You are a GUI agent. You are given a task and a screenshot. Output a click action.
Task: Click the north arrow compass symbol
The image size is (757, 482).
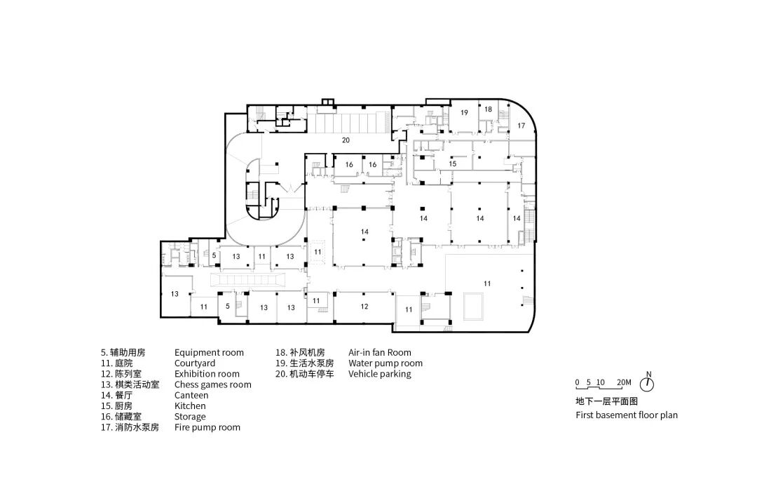pos(648,384)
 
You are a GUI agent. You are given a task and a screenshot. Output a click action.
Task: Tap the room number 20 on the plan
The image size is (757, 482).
pos(346,140)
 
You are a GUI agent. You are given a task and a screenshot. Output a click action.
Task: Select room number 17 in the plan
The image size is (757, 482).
pos(521,125)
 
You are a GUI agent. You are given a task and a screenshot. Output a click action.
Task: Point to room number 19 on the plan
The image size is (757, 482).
pos(464,112)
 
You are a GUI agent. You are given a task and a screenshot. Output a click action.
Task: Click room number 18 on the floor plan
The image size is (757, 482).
pos(488,109)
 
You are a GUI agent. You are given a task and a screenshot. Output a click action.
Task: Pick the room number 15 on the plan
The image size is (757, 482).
pos(453,163)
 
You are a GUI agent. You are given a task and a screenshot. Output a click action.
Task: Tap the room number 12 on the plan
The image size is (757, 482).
pos(364,307)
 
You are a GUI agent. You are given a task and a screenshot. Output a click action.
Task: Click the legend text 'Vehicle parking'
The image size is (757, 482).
pos(379,374)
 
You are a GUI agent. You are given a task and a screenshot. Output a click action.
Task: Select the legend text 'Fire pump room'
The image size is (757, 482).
pos(207,427)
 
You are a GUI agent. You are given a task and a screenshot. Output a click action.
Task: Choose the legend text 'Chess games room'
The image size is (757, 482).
pos(212,384)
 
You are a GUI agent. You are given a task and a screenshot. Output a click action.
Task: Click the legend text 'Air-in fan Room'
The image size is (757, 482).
pos(379,352)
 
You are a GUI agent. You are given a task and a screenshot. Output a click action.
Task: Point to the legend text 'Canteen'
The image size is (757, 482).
pos(191,395)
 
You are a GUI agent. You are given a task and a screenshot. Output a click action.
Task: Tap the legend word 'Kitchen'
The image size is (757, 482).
pos(190,406)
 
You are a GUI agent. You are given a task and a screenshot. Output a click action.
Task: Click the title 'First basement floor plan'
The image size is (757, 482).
pos(627,415)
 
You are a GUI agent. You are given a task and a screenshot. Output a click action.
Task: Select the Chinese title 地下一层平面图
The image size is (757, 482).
pos(606,402)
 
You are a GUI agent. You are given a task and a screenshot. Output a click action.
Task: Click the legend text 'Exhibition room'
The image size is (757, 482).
pos(207,374)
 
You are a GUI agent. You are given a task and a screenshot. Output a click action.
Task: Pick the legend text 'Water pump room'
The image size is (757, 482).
pos(385,363)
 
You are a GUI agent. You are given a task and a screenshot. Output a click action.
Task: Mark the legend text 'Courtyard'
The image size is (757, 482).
pos(195,363)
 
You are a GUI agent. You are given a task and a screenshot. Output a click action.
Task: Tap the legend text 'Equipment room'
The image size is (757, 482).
pos(209,352)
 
